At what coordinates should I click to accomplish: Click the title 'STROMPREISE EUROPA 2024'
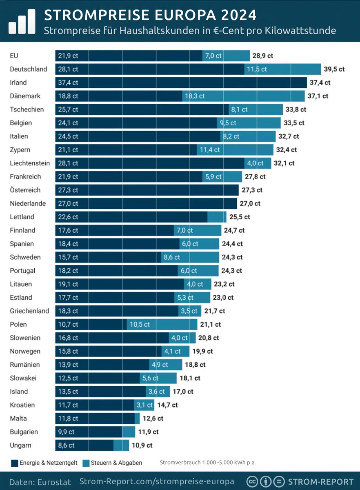150,15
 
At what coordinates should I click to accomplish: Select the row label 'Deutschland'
28,69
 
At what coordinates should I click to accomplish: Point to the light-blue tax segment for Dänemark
243,96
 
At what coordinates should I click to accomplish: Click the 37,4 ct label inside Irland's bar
68,82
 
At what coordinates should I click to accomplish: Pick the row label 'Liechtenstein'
29,163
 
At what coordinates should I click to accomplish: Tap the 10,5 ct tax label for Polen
140,325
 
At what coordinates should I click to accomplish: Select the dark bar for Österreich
147,190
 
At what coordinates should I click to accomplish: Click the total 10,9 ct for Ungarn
142,445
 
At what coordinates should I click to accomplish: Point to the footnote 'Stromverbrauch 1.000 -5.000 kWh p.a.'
207,463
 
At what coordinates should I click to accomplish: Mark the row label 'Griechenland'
29,311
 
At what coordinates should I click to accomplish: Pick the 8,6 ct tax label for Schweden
171,257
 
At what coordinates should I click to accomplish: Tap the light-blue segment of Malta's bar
137,419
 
